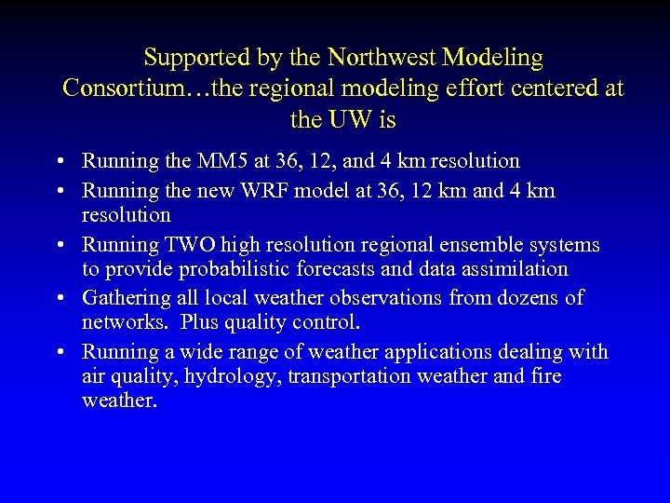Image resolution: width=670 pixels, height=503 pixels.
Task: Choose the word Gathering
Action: coord(126,298)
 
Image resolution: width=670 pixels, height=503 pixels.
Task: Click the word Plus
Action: coord(203,323)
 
